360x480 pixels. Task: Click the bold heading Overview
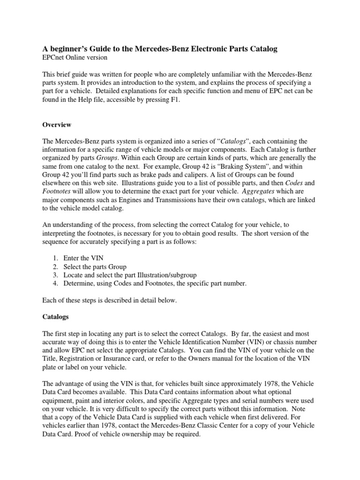[x=57, y=125]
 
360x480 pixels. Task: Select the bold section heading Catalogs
[x=56, y=317]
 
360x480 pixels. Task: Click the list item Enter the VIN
[x=83, y=258]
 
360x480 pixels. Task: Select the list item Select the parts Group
[x=95, y=267]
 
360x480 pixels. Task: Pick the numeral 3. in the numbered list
[x=55, y=275]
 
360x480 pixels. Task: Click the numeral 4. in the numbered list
[x=55, y=283]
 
